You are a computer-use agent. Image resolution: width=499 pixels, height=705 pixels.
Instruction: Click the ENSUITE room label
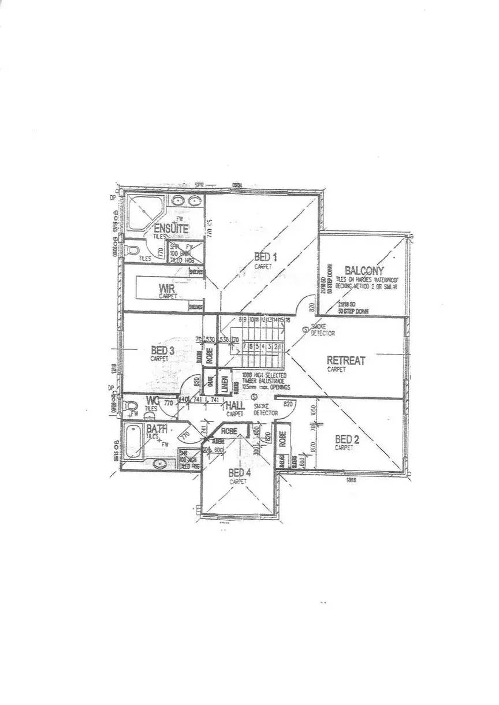(x=171, y=228)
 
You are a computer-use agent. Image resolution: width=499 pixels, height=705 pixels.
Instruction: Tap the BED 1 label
(x=266, y=258)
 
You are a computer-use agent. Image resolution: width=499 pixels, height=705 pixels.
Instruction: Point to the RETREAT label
(x=346, y=360)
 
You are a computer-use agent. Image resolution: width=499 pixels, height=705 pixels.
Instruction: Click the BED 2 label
(x=347, y=439)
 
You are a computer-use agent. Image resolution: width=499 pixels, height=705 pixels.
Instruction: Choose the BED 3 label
(x=163, y=350)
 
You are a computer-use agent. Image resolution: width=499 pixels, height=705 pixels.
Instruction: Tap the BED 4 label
(x=240, y=473)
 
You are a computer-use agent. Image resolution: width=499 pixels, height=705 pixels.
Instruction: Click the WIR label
(x=167, y=288)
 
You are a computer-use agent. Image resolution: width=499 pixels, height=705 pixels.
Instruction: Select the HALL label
(x=235, y=406)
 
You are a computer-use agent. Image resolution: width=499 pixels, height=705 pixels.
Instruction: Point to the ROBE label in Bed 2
(x=282, y=439)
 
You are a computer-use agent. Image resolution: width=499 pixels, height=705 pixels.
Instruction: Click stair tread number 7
(x=245, y=346)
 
